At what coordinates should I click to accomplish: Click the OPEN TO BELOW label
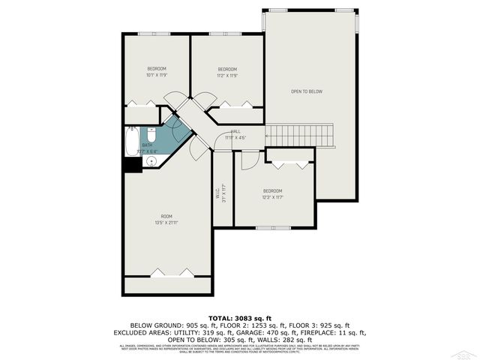pos(306,91)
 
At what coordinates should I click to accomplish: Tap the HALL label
pos(235,131)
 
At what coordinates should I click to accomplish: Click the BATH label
pos(148,145)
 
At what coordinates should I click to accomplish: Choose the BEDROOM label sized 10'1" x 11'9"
pos(156,69)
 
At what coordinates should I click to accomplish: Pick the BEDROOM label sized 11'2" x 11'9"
pos(226,69)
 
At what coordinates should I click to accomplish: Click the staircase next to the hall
pos(299,136)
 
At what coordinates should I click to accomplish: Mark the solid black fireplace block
pos(133,164)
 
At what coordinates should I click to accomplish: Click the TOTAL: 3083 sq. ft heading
pos(239,319)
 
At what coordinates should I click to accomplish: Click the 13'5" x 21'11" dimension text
pos(166,223)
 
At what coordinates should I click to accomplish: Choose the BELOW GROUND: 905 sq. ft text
pos(164,325)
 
